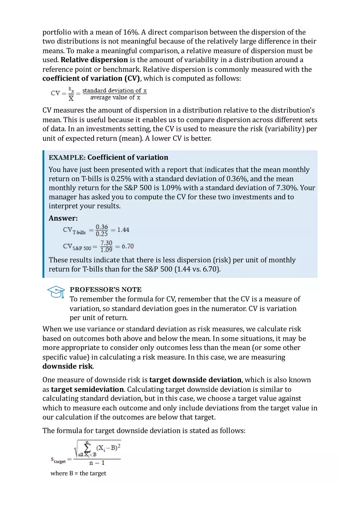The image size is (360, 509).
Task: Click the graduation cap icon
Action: [x=56, y=292]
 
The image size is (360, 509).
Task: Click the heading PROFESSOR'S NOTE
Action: [x=106, y=290]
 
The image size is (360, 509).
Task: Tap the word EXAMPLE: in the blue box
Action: [x=67, y=158]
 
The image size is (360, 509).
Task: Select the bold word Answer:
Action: [x=63, y=218]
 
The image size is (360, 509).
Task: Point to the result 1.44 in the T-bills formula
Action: [x=123, y=230]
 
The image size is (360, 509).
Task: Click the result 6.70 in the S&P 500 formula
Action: [x=128, y=246]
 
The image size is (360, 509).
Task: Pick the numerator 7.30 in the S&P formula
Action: [x=106, y=243]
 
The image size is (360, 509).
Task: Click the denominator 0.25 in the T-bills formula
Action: [x=102, y=234]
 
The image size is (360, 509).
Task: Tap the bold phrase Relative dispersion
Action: [x=94, y=60]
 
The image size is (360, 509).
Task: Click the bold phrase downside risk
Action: [x=67, y=366]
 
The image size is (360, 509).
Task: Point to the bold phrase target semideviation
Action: [x=87, y=390]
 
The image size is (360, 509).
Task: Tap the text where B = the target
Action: [x=78, y=473]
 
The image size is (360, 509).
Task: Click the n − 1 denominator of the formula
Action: [x=97, y=464]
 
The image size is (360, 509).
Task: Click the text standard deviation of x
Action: [x=115, y=90]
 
